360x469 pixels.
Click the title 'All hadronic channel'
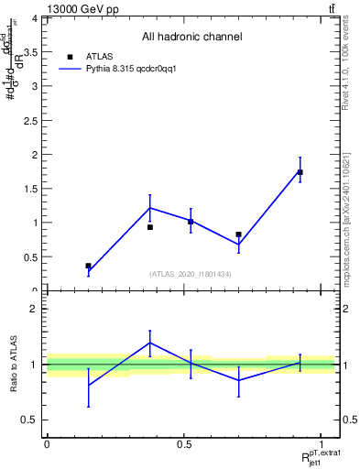(191, 37)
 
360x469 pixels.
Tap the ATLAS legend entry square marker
(71, 55)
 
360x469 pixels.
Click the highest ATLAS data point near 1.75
(300, 172)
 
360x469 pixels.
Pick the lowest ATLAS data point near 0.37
(88, 266)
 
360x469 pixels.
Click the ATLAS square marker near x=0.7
(238, 234)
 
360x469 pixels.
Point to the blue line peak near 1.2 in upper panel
(150, 208)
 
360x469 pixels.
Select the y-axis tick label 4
(34, 18)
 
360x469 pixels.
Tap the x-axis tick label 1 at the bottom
(322, 444)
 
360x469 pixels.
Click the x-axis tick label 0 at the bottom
(46, 444)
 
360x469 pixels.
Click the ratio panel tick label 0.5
(30, 420)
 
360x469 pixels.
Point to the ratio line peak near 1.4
(150, 343)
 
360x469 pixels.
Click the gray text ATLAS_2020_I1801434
(191, 274)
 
